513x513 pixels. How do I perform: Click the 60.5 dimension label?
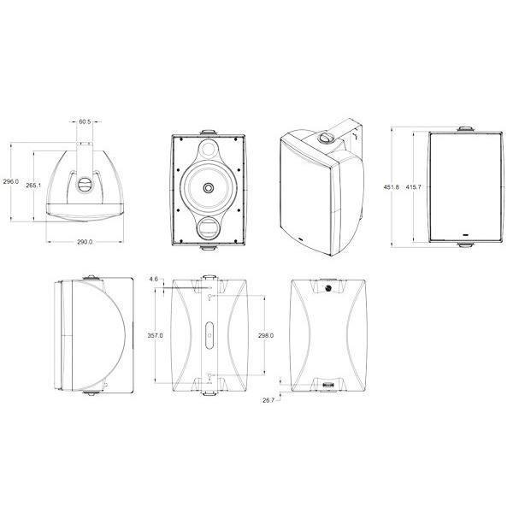click(x=85, y=121)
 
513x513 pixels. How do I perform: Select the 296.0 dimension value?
click(x=11, y=181)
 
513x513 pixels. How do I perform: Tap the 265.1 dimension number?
click(x=33, y=186)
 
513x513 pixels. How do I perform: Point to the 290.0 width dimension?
click(x=85, y=242)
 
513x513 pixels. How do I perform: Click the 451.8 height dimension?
click(x=392, y=187)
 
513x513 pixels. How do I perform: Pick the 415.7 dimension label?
click(x=414, y=187)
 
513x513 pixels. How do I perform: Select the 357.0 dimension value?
click(x=155, y=335)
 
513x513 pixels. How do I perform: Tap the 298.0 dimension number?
click(x=266, y=335)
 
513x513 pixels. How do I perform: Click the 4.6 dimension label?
click(x=153, y=279)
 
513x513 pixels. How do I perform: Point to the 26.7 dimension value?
click(x=268, y=400)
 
